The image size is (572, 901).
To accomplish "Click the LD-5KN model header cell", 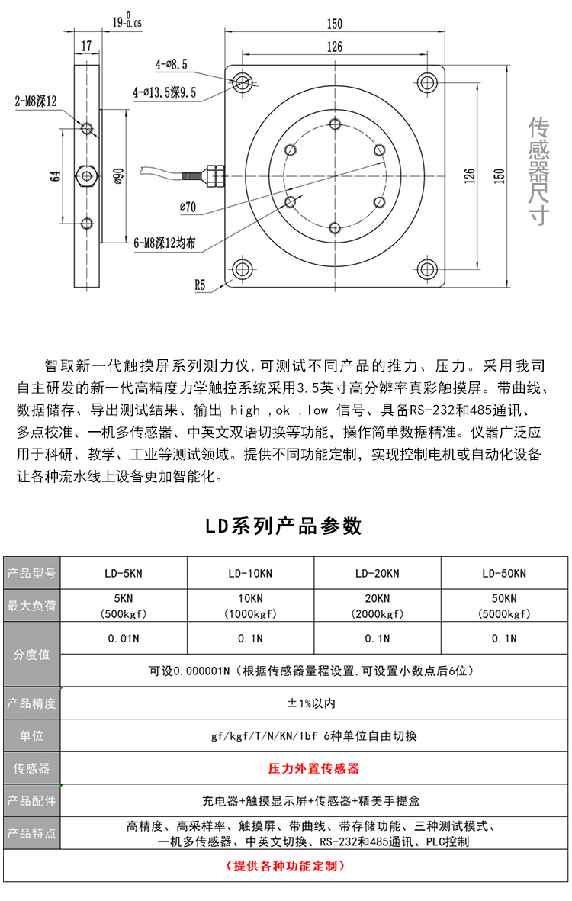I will click(x=123, y=574).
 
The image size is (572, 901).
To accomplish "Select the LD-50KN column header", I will click(x=504, y=574).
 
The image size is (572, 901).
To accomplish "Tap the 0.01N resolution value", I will click(x=123, y=639).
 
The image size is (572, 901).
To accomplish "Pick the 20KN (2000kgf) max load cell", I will click(x=377, y=606).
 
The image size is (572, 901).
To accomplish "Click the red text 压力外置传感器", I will click(x=313, y=768).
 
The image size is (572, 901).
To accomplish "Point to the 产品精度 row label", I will click(x=31, y=703).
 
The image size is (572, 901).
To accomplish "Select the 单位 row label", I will click(x=31, y=736).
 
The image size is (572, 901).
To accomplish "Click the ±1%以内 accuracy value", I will click(x=313, y=703).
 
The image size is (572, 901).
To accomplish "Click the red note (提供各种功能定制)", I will click(x=286, y=866).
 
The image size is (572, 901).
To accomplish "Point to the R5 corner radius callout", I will click(x=200, y=285).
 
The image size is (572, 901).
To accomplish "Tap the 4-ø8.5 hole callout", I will click(x=172, y=65).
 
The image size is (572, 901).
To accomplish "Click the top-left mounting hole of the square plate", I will click(x=243, y=82).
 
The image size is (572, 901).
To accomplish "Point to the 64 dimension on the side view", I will click(x=56, y=175).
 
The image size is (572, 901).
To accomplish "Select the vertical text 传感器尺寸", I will click(x=539, y=172).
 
